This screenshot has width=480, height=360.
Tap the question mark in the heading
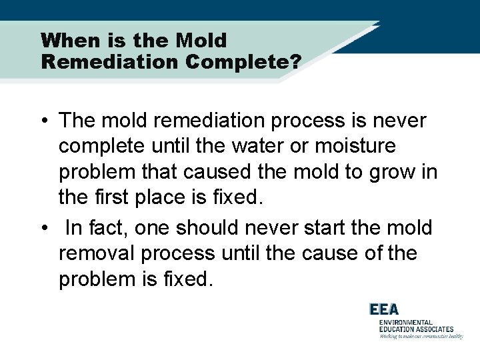pyautogui.click(x=295, y=62)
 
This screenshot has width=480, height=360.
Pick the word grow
pyautogui.click(x=389, y=171)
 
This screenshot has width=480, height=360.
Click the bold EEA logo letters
pyautogui.click(x=384, y=309)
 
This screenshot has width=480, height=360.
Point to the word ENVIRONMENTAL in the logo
pyautogui.click(x=406, y=323)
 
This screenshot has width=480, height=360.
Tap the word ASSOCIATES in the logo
pyautogui.click(x=433, y=329)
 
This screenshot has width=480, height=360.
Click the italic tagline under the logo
pyautogui.click(x=421, y=337)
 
